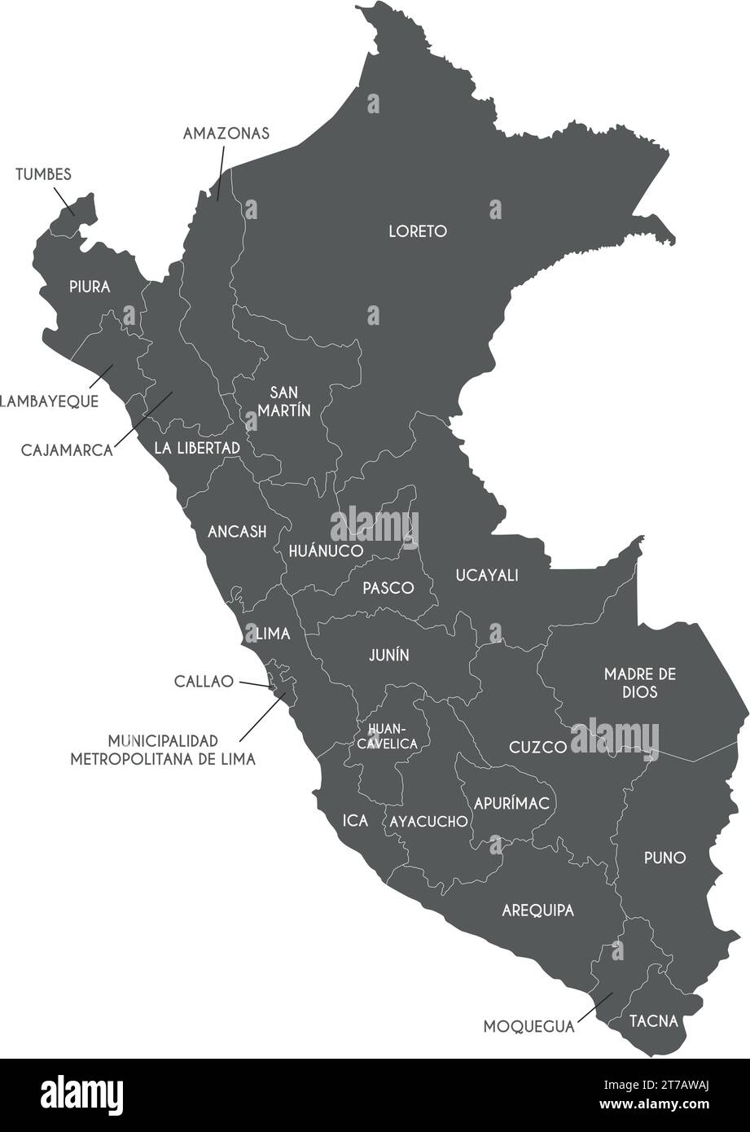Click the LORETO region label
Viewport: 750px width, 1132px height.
pos(417,231)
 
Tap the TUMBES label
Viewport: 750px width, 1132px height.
pos(43,174)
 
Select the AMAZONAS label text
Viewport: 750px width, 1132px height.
pos(226,134)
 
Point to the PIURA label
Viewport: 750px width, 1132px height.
pos(89,287)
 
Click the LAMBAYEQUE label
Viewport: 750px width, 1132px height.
pos(49,401)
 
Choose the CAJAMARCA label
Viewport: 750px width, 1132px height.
pos(67,450)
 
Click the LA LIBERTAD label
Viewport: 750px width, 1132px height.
pos(197,448)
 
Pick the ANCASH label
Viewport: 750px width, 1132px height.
pos(237,532)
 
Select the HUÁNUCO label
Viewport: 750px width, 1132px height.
pos(325,551)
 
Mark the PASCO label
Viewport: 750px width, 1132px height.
pos(388,588)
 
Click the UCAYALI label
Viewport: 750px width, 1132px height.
pos(487,576)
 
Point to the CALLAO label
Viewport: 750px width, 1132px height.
pos(204,681)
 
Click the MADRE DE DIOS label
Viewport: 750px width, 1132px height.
pos(640,682)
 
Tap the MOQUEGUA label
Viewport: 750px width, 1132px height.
pos(529,1026)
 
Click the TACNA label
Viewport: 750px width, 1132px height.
pos(653,1020)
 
